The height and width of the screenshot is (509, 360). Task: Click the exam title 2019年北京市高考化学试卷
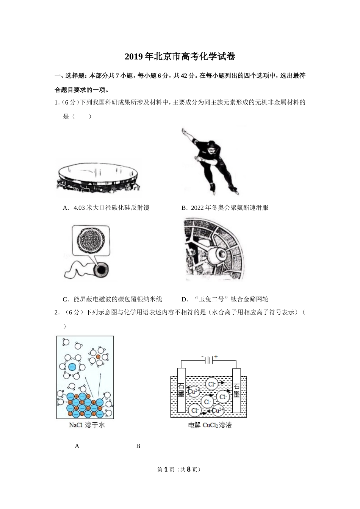pyautogui.click(x=180, y=57)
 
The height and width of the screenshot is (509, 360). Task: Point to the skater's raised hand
pyautogui.click(x=184, y=131)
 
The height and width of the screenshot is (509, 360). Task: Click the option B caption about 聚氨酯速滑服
pyautogui.click(x=225, y=208)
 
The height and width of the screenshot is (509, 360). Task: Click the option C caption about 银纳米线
pyautogui.click(x=113, y=299)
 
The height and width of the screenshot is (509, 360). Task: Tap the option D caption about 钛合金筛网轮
pyautogui.click(x=225, y=299)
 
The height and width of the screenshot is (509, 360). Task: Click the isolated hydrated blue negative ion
pyautogui.click(x=72, y=367)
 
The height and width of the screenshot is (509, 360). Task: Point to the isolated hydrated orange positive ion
pyautogui.click(x=98, y=357)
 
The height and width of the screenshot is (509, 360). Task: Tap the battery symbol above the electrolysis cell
pyautogui.click(x=209, y=360)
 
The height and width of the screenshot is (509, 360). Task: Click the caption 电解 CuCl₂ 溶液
pyautogui.click(x=210, y=425)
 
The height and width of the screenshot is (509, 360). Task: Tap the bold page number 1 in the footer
pyautogui.click(x=165, y=469)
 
